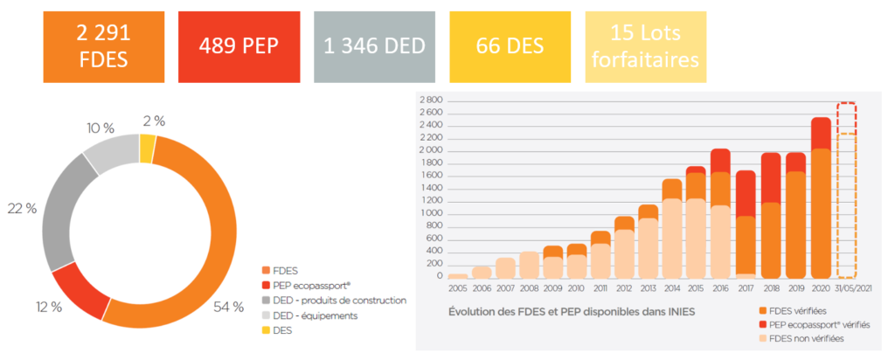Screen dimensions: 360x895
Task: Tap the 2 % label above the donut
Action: pyautogui.click(x=154, y=121)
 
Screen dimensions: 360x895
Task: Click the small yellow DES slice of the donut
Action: pyautogui.click(x=148, y=148)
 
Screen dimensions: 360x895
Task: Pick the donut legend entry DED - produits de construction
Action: pyautogui.click(x=333, y=300)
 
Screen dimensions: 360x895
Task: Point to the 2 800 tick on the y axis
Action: pyautogui.click(x=431, y=101)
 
